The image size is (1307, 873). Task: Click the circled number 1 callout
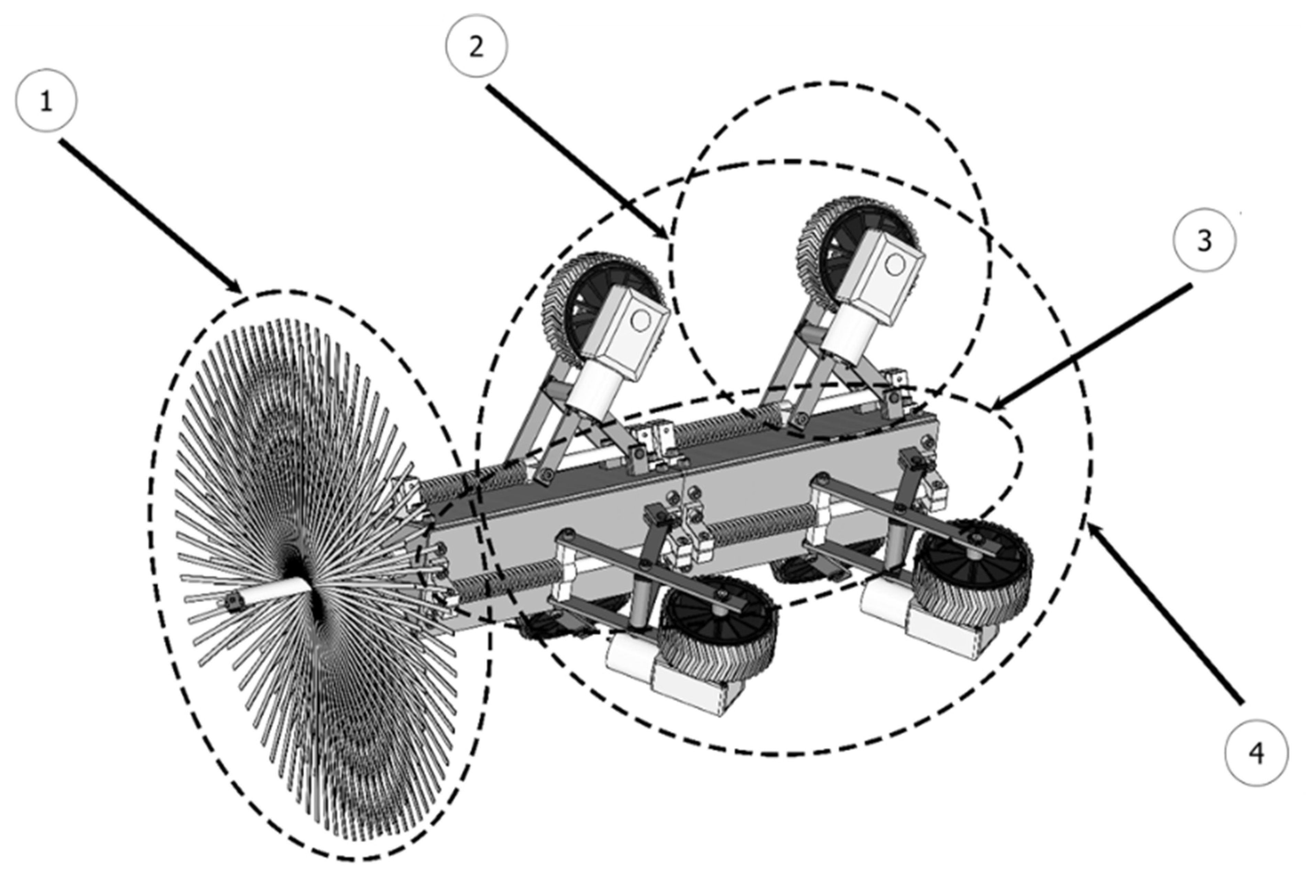(46, 101)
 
